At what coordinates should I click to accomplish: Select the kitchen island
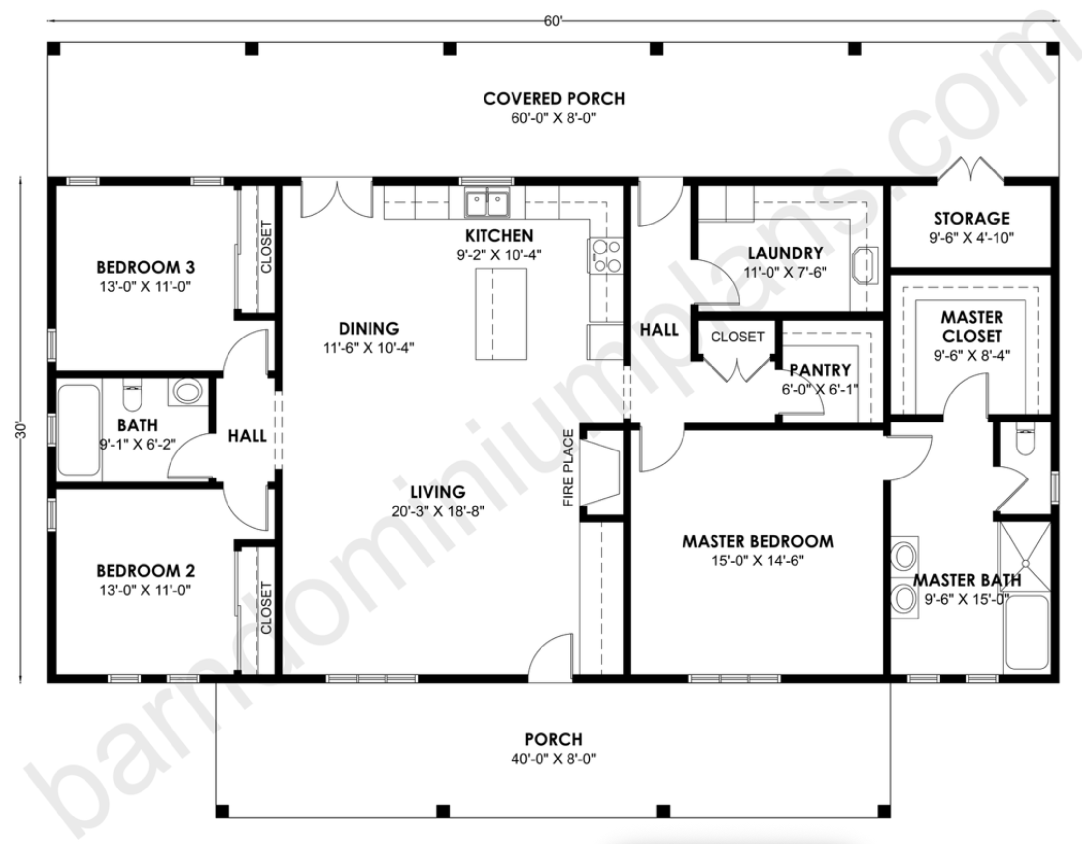click(501, 314)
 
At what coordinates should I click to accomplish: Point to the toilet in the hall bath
click(132, 395)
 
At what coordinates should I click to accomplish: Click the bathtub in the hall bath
click(79, 430)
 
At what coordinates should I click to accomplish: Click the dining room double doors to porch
click(337, 198)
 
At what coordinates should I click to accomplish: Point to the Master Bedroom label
click(758, 541)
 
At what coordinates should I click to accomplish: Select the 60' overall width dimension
click(553, 21)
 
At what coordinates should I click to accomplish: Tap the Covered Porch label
click(553, 99)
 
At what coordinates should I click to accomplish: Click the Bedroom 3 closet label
click(266, 247)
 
